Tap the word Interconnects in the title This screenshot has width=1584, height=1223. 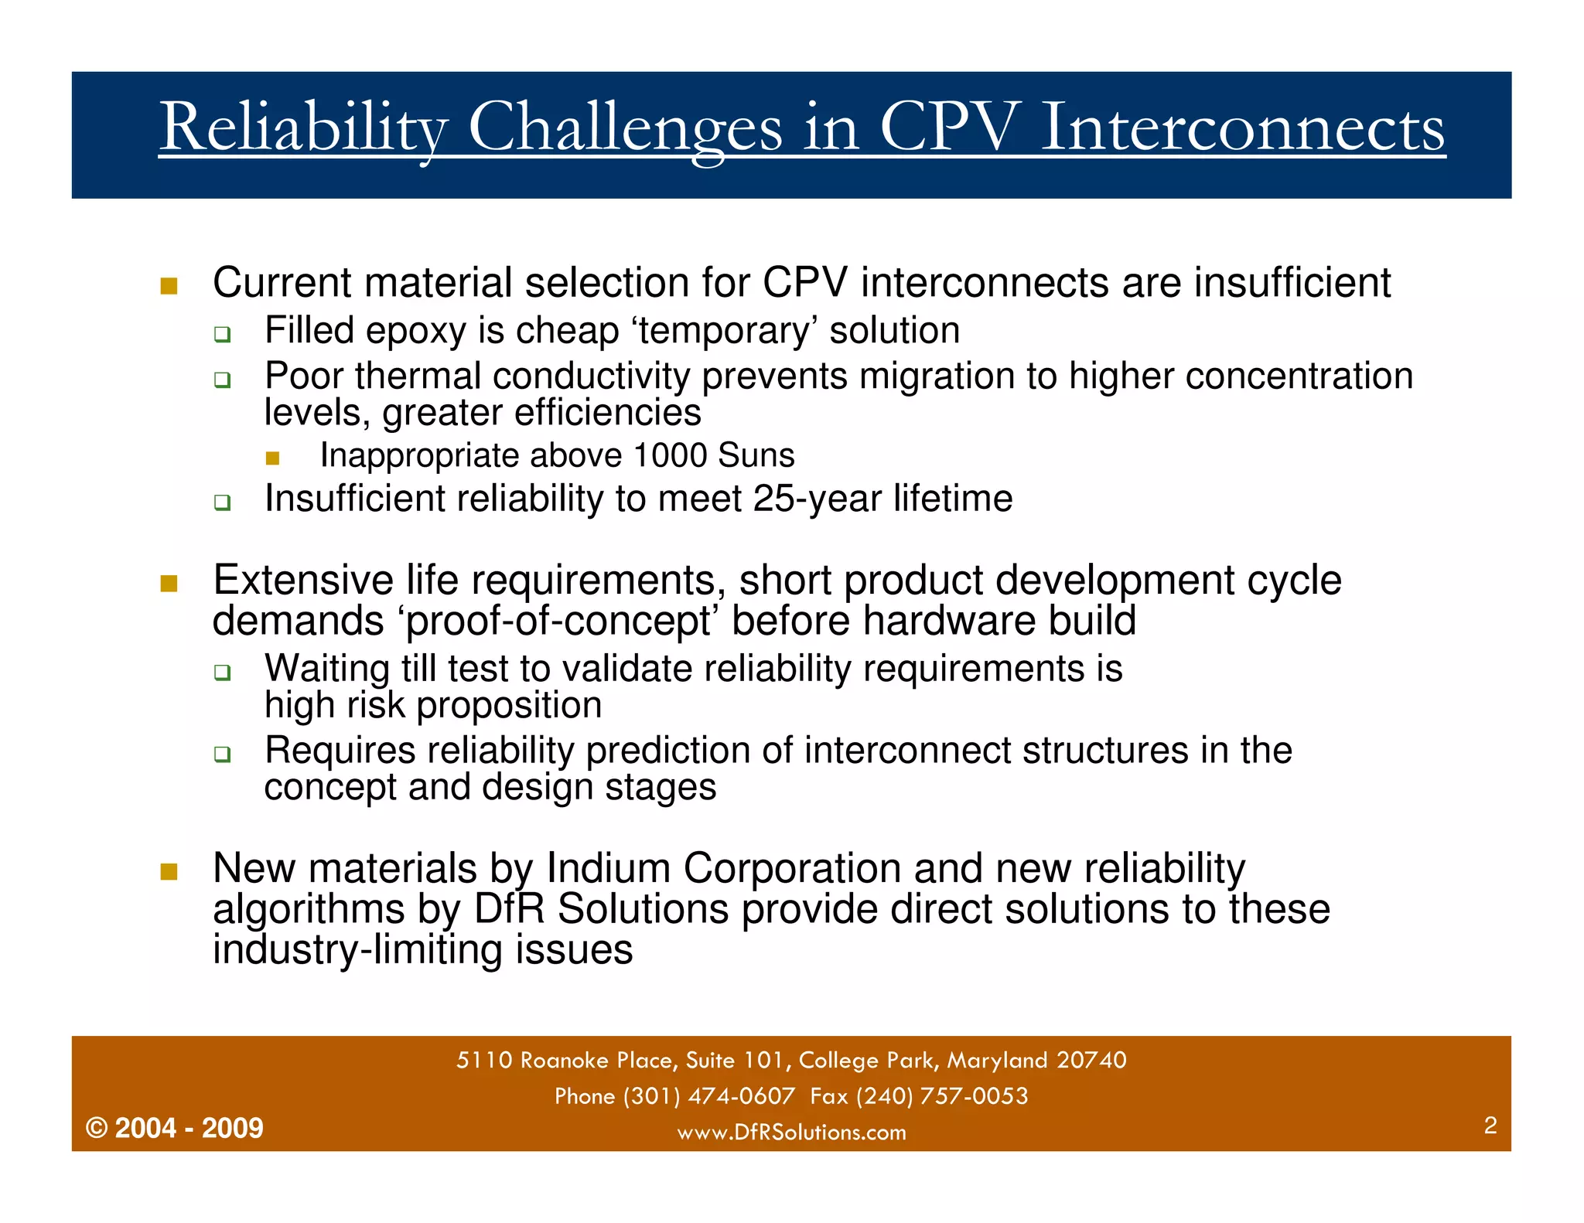(1242, 128)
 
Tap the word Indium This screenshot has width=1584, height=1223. (608, 868)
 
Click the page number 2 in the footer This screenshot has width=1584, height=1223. (1490, 1126)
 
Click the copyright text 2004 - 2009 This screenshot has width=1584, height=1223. (189, 1129)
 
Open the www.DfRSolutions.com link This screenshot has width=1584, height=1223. (791, 1133)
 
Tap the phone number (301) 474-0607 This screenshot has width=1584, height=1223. (708, 1096)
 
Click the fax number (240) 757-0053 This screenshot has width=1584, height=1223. (941, 1096)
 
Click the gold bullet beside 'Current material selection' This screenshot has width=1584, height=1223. (169, 286)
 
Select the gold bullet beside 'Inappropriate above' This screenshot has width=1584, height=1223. (272, 458)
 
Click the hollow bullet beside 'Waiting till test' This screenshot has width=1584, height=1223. (223, 672)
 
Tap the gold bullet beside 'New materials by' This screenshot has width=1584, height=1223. (169, 872)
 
